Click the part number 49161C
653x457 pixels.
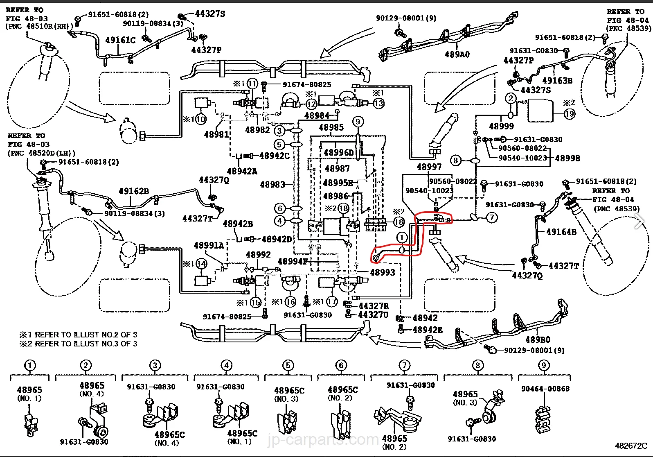click(x=120, y=40)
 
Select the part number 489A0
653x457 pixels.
click(x=457, y=54)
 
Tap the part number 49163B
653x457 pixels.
click(x=557, y=81)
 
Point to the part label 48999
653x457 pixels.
click(x=501, y=127)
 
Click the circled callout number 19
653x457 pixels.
click(x=570, y=113)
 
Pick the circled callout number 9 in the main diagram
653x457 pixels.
click(x=358, y=121)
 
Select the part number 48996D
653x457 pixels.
click(x=339, y=153)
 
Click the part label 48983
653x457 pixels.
click(x=272, y=185)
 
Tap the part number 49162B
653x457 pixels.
click(x=134, y=191)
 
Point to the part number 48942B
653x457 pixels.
click(x=238, y=224)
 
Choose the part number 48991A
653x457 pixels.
click(x=209, y=245)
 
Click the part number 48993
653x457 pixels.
click(x=383, y=272)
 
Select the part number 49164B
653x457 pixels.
click(x=561, y=232)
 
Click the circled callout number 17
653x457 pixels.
click(x=332, y=302)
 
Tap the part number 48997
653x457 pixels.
click(x=429, y=167)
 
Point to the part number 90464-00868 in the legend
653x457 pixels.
click(x=545, y=389)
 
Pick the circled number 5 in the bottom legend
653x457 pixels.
click(x=288, y=365)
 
